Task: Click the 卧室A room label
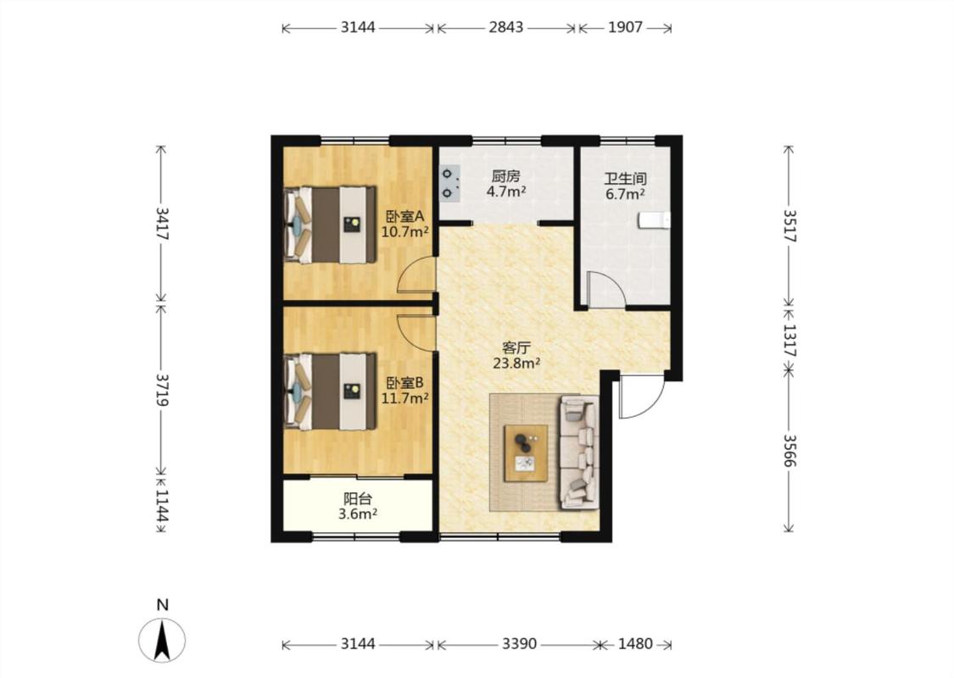405,216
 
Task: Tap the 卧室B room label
405,383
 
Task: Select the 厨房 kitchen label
505,177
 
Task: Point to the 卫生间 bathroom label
625,180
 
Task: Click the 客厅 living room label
516,347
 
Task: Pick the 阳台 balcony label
358,499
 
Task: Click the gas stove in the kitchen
449,184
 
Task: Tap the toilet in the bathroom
654,220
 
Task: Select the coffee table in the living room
526,453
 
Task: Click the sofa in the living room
579,453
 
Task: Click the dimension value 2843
505,27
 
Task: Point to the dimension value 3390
519,644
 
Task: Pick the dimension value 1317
789,341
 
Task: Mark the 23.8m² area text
516,364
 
